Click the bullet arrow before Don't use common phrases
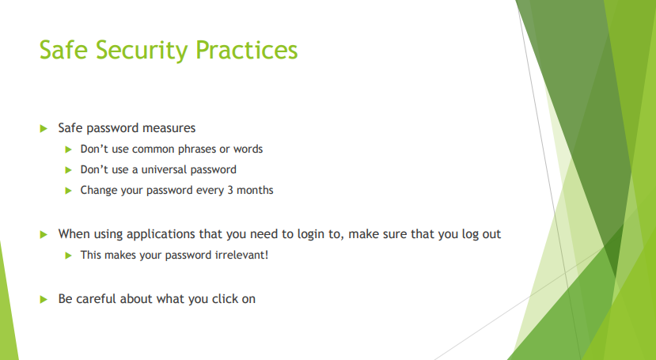pyautogui.click(x=69, y=149)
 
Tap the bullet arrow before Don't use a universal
pyautogui.click(x=69, y=169)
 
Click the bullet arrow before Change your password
pyautogui.click(x=69, y=190)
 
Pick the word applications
pyautogui.click(x=157, y=234)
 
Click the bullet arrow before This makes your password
pyautogui.click(x=69, y=256)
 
